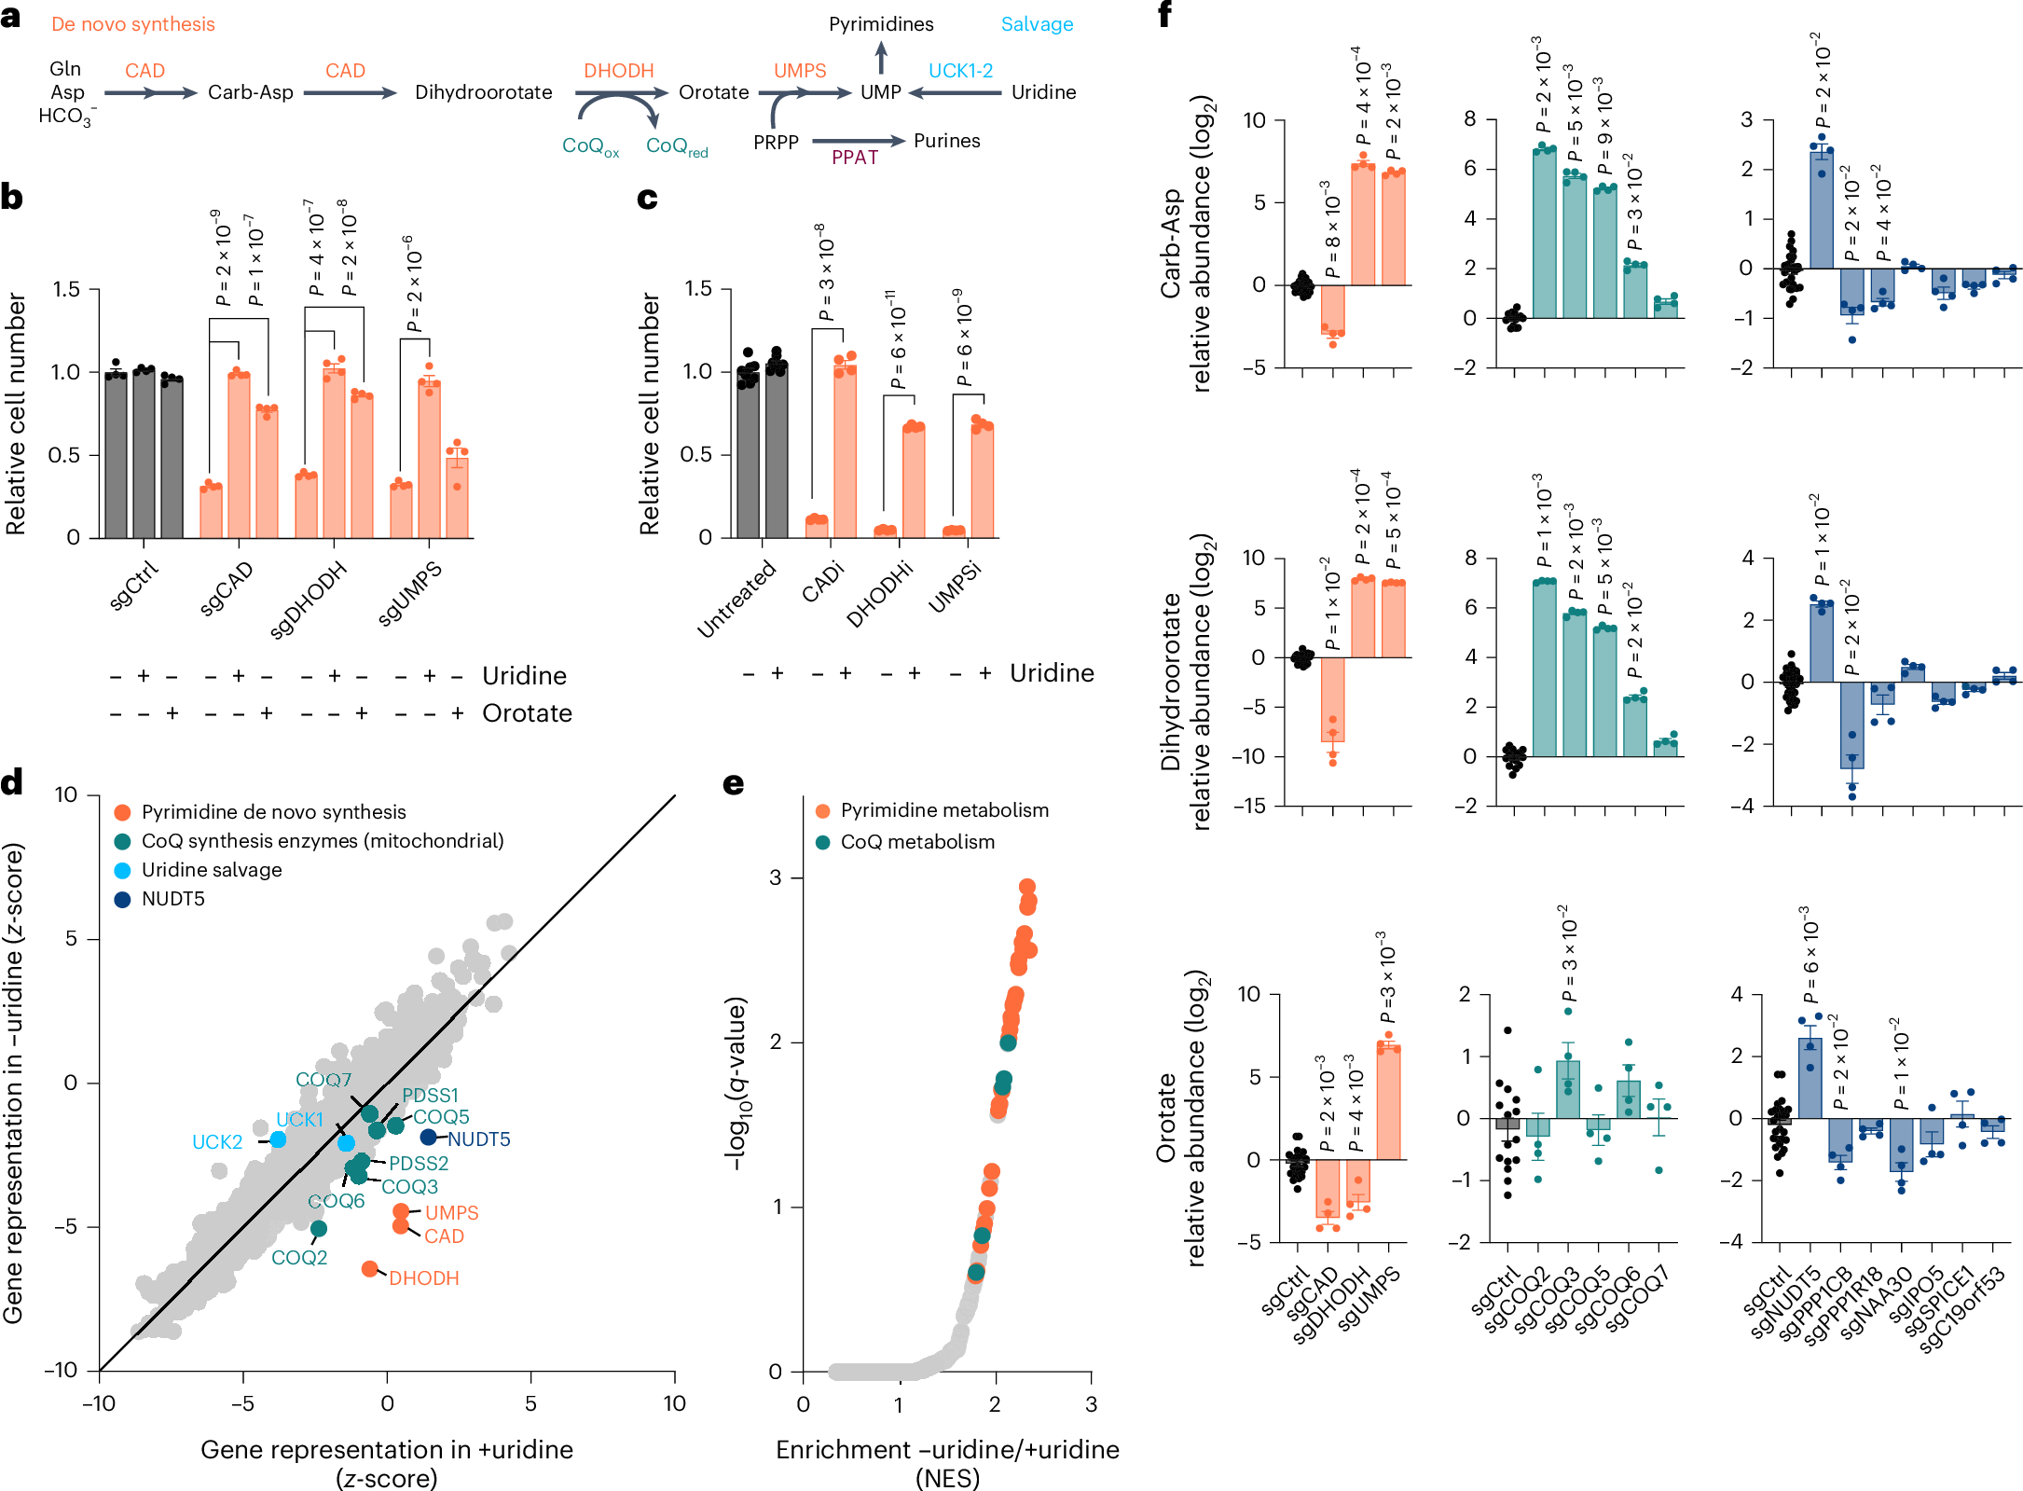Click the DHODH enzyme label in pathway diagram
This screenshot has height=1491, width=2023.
[618, 71]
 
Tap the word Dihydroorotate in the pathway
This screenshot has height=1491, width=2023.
[483, 92]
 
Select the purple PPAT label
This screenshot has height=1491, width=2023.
[854, 158]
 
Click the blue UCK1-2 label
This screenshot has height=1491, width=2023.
[959, 71]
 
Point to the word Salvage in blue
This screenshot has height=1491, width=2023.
[1037, 24]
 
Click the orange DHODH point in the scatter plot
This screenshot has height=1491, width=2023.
[370, 1268]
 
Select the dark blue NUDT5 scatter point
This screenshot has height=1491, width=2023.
[428, 1137]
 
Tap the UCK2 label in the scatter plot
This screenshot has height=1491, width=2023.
[216, 1142]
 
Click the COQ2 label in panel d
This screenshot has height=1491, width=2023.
[299, 1257]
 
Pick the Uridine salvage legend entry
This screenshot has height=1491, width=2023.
[211, 870]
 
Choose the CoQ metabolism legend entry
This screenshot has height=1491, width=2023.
[917, 842]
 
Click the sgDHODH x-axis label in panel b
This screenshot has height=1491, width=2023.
[309, 600]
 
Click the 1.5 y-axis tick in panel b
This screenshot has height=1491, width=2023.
[66, 289]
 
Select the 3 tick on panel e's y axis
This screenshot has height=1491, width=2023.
[775, 877]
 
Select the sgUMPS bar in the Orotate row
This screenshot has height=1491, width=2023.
[1388, 1103]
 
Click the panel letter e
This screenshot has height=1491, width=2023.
[734, 783]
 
